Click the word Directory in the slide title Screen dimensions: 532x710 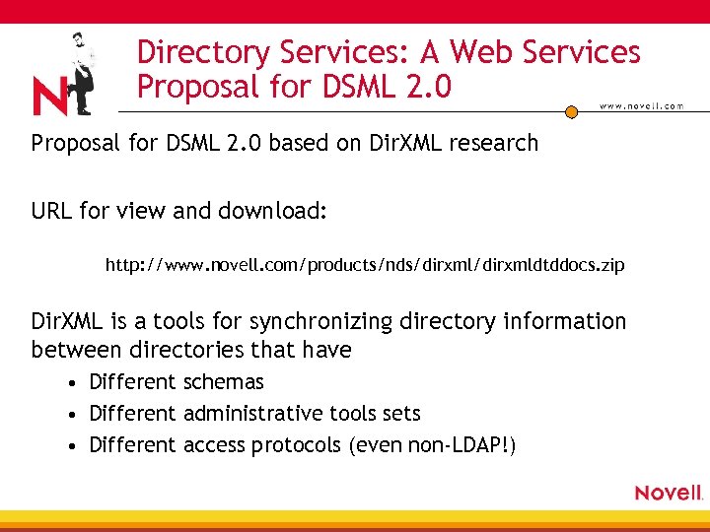tap(202, 52)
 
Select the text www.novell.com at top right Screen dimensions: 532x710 tap(641, 106)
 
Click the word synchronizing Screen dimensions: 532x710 tap(311, 321)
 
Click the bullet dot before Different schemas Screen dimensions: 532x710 tap(74, 383)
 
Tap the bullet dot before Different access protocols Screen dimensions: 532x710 tap(74, 446)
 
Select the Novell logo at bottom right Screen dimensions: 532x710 tap(668, 492)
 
